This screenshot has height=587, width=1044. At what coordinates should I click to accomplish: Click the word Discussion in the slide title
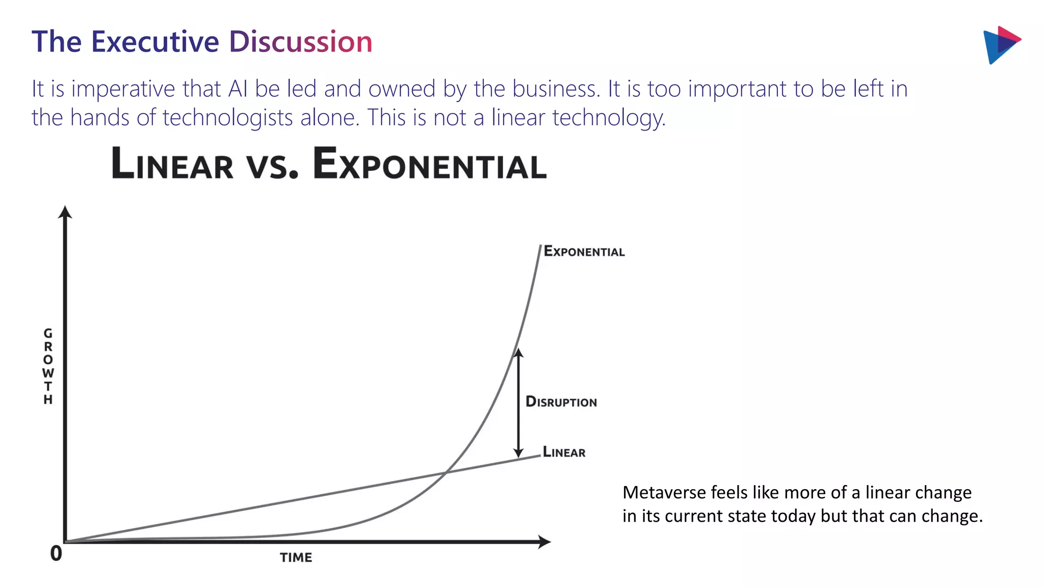[301, 42]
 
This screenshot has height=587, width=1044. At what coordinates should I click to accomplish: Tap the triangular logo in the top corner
[1000, 45]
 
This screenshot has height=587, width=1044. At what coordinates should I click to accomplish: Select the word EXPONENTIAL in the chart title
[429, 164]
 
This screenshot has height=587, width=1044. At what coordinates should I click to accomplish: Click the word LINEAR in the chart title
[172, 164]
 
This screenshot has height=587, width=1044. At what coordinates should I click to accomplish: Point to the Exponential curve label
[584, 251]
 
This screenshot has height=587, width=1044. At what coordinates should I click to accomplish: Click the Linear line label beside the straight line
[564, 452]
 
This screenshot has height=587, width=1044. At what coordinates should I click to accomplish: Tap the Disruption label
[561, 402]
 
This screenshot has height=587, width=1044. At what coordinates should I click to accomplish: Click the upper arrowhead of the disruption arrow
[518, 353]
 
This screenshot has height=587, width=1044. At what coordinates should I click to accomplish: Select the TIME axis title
[296, 557]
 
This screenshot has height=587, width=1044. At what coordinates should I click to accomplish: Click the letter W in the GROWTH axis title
[48, 373]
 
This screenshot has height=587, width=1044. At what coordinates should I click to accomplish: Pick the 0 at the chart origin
[56, 553]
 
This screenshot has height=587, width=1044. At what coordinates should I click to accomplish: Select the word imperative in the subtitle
[123, 89]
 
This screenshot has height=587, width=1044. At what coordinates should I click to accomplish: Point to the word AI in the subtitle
[238, 89]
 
